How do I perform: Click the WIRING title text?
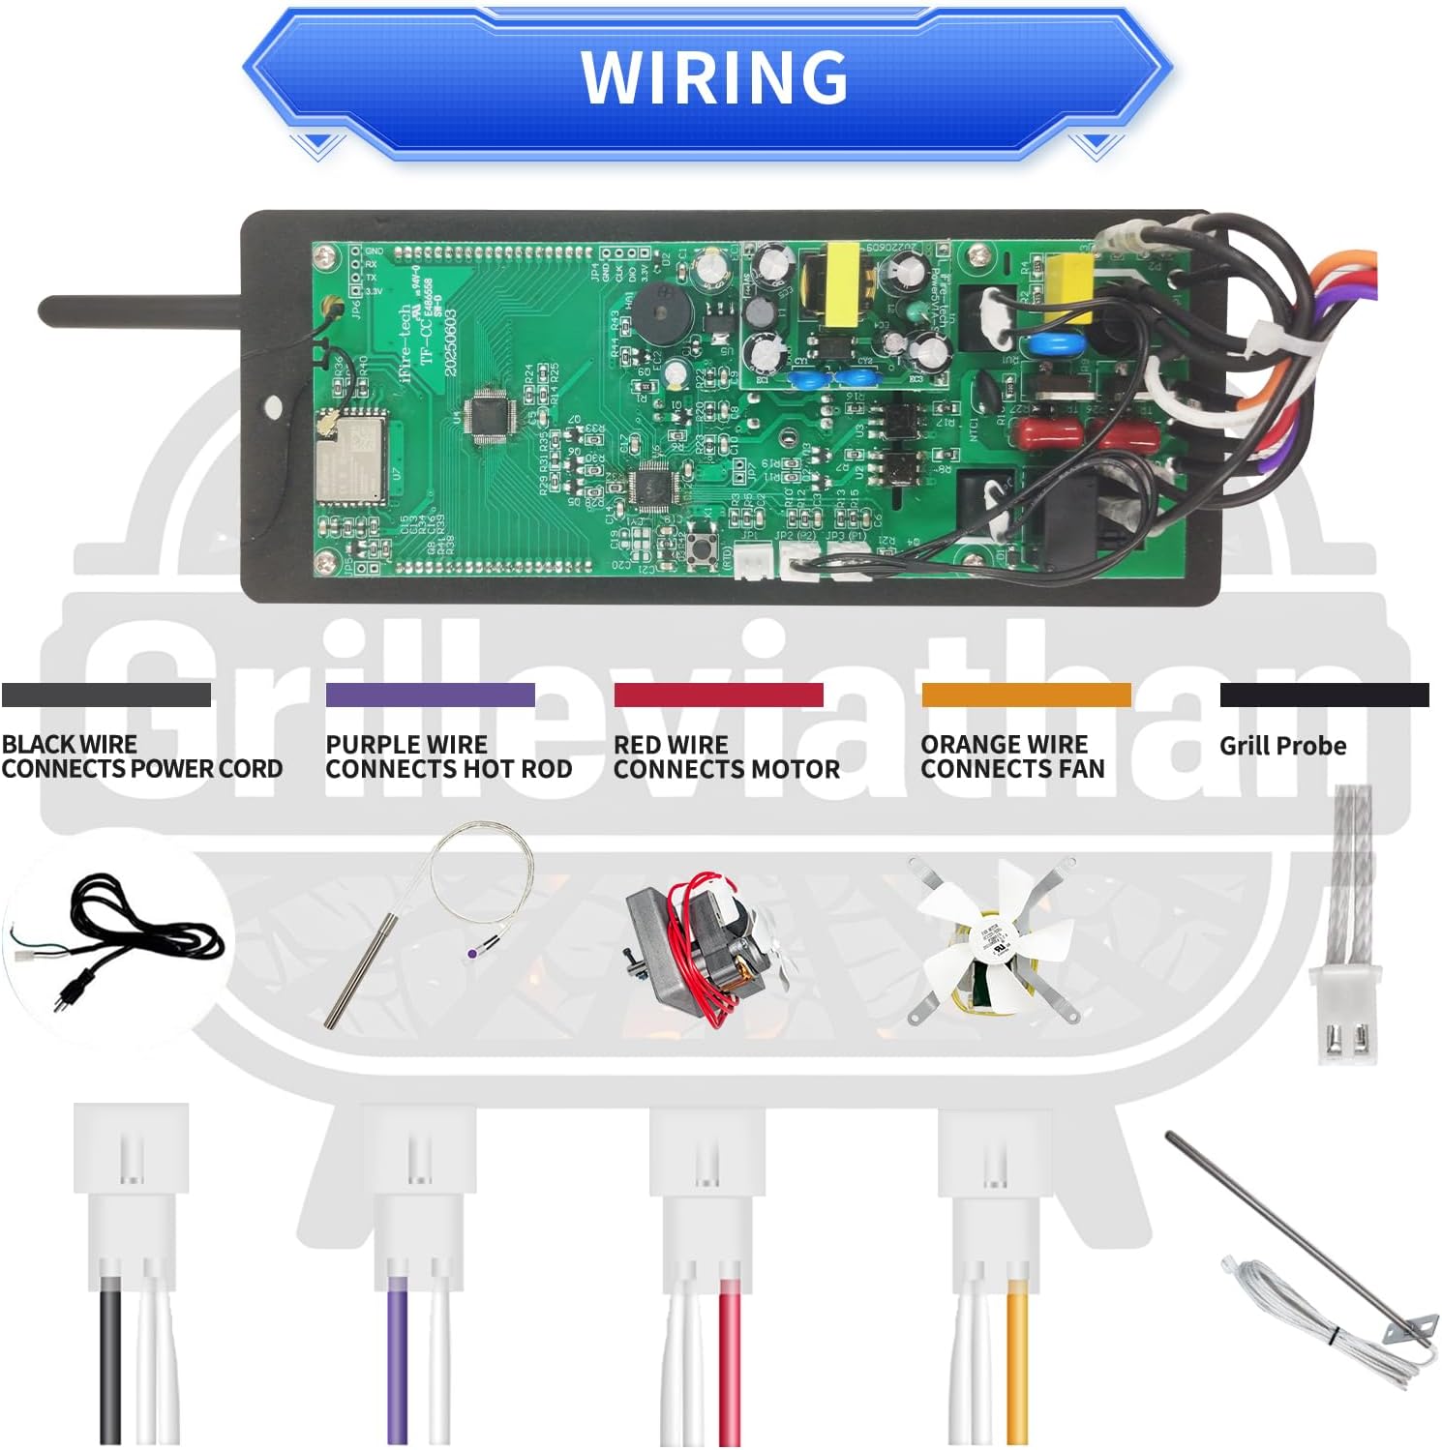click(714, 77)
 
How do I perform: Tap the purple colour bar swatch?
click(430, 695)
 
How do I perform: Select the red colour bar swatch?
click(718, 695)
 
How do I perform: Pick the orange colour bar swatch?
click(1026, 695)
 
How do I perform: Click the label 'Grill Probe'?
click(1282, 746)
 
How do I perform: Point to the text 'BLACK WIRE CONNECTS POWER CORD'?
click(141, 756)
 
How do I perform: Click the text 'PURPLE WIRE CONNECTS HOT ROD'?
click(448, 756)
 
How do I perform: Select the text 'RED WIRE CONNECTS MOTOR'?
click(726, 756)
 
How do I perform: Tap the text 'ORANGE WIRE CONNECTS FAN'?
click(1012, 756)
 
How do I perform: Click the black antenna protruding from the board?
click(140, 311)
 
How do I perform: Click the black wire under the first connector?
click(112, 1364)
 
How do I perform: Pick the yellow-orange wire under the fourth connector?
click(1017, 1364)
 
